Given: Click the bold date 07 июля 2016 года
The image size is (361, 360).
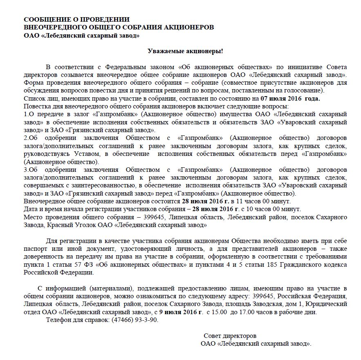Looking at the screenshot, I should tap(290, 99).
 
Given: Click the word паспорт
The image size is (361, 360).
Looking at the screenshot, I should tap(36, 248).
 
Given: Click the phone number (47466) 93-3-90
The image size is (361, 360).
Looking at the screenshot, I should tap(133, 320).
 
